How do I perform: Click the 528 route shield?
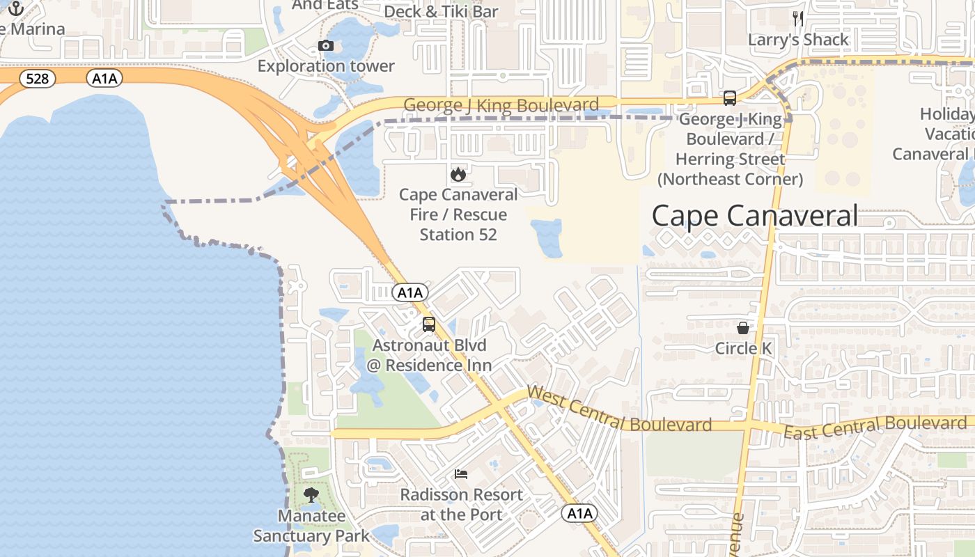(x=37, y=79)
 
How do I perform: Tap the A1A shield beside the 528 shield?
(x=105, y=79)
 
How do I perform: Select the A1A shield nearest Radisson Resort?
(x=579, y=514)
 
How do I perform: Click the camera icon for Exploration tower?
(x=325, y=46)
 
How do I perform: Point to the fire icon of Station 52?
(x=458, y=174)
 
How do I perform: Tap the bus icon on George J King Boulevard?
(x=729, y=98)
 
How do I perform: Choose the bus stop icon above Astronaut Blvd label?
(x=429, y=324)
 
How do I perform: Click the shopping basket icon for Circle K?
(x=743, y=327)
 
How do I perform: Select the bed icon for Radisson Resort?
(x=460, y=474)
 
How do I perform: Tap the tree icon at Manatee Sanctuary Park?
(x=311, y=495)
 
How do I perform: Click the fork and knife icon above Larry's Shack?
(x=798, y=19)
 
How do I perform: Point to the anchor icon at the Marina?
(x=15, y=8)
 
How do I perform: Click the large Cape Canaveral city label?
(x=754, y=216)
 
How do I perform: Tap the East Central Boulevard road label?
(x=875, y=427)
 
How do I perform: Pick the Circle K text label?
(x=744, y=348)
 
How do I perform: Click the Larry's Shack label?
(x=798, y=40)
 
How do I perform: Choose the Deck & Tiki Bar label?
(x=441, y=11)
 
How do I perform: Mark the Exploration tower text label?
(x=326, y=66)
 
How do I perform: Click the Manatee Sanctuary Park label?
(x=311, y=526)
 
